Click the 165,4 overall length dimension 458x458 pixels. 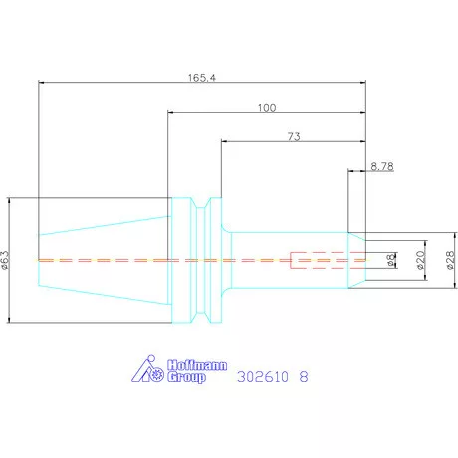tap(202, 78)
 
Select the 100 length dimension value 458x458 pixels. tap(267, 108)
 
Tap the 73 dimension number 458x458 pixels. tap(294, 136)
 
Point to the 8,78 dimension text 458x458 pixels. tap(382, 166)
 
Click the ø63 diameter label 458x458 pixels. tap(5, 260)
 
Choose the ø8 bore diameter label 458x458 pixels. tap(391, 260)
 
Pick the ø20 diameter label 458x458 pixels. tap(420, 260)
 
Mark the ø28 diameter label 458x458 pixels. tap(450, 260)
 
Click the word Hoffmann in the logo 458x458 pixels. tap(197, 365)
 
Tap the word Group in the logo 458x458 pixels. tap(186, 377)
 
